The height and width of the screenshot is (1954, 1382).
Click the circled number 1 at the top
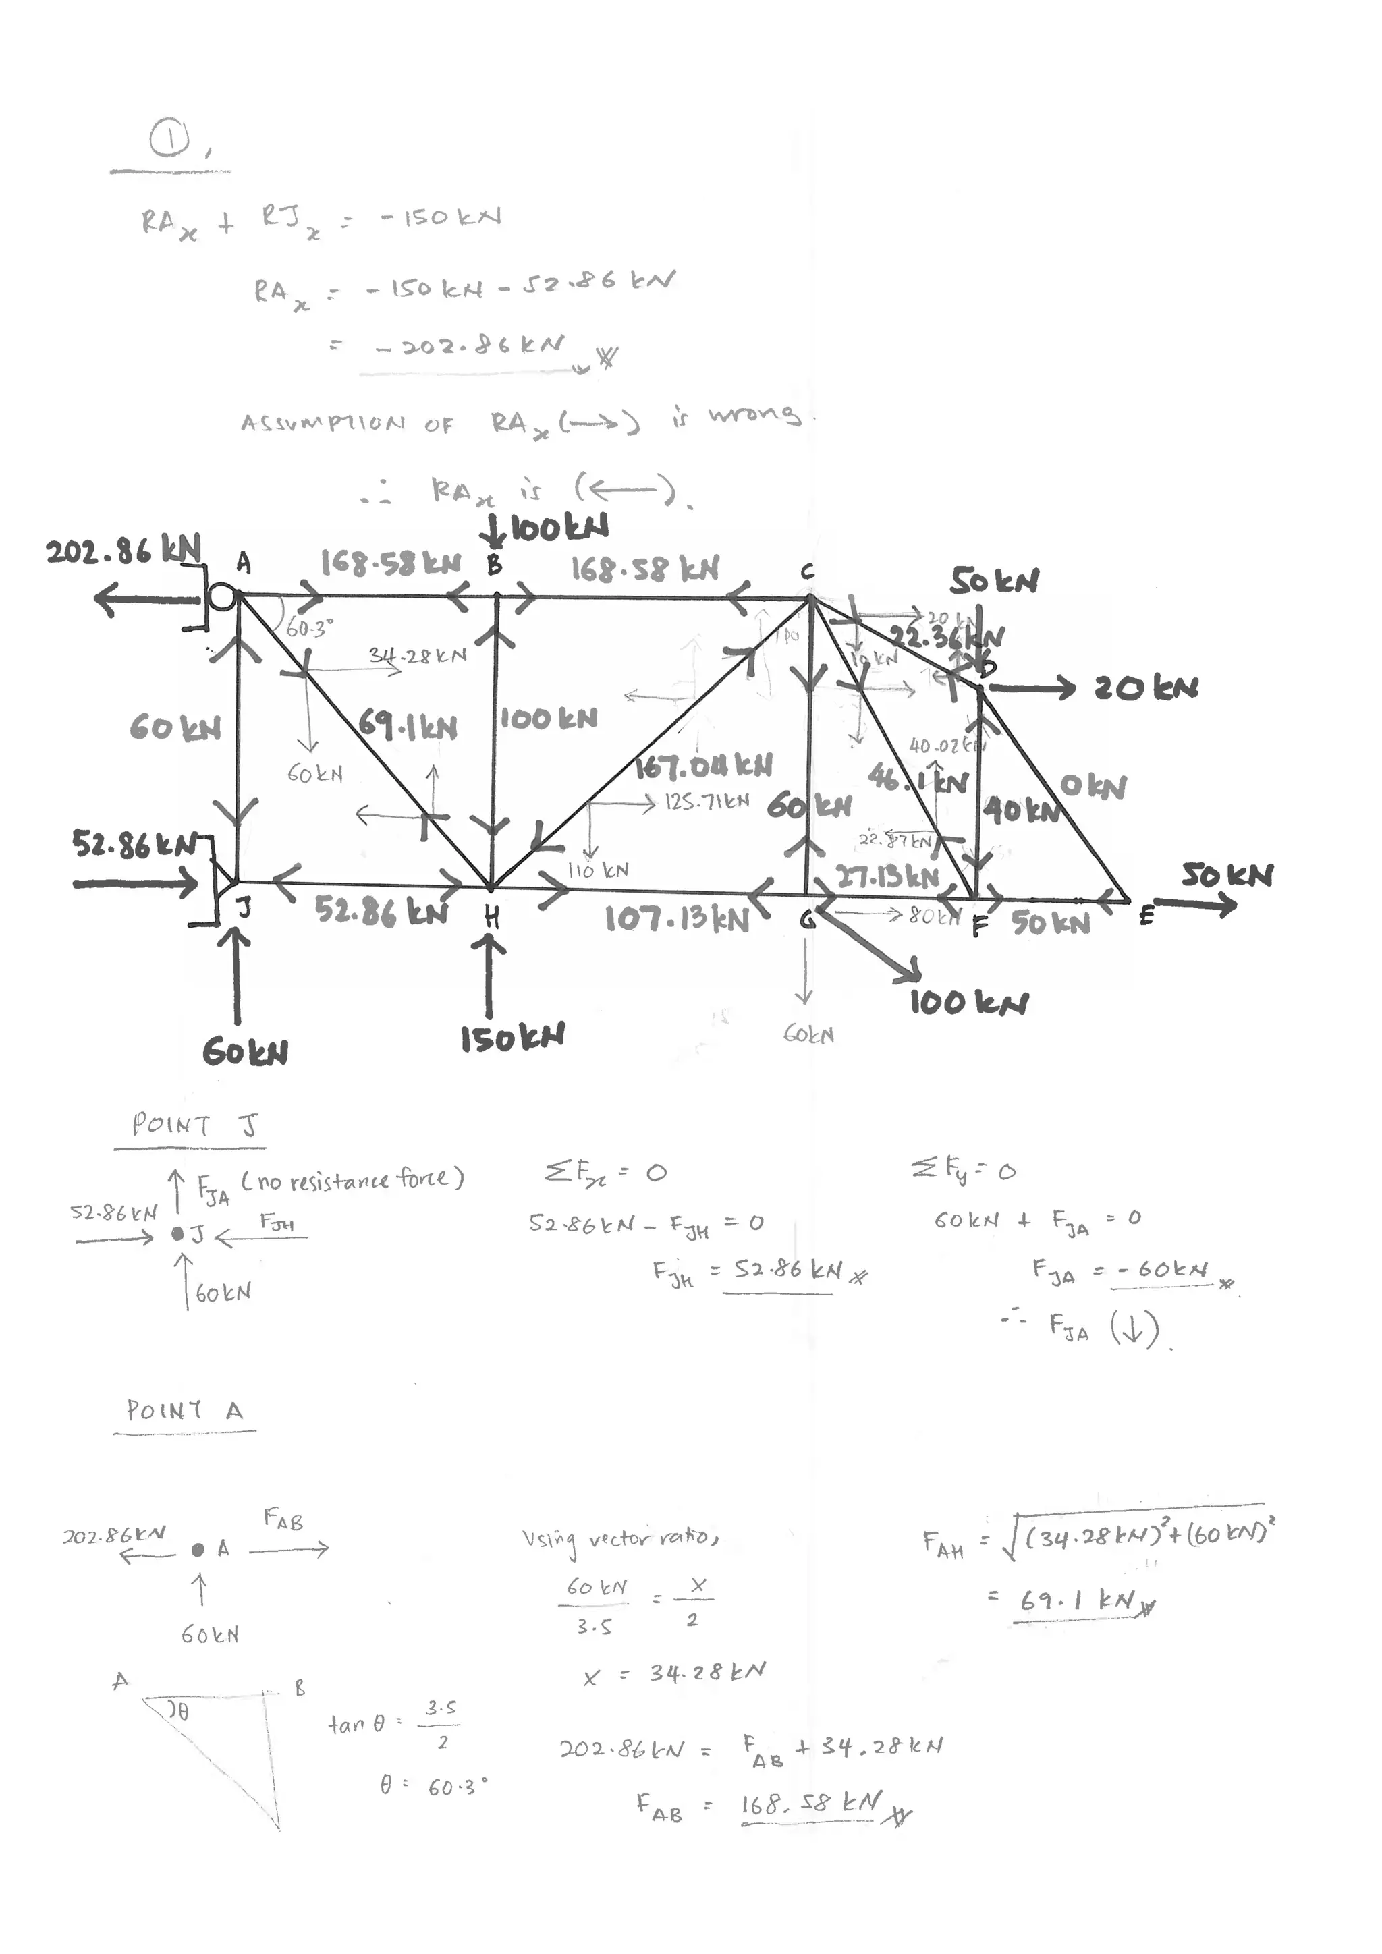pos(169,140)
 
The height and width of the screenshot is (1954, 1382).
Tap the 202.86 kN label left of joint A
pos(123,551)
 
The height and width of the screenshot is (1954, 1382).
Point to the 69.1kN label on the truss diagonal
pos(407,725)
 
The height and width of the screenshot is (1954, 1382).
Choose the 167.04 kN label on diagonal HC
pos(704,766)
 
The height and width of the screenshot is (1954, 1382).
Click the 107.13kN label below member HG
pos(677,918)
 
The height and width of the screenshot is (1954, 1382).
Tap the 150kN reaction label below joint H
pos(512,1038)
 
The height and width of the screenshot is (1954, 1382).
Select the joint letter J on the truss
pos(244,909)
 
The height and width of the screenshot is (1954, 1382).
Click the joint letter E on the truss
pos(1146,916)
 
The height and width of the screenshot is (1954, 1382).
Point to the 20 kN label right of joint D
pos(1146,688)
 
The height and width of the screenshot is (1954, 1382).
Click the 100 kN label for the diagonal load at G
pos(968,1003)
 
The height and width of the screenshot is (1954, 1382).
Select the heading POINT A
pos(185,1410)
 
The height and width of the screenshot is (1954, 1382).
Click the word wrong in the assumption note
pos(754,414)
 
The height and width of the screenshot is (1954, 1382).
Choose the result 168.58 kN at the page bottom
pos(812,1802)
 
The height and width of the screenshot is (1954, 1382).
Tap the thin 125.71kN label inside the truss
pos(707,802)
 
